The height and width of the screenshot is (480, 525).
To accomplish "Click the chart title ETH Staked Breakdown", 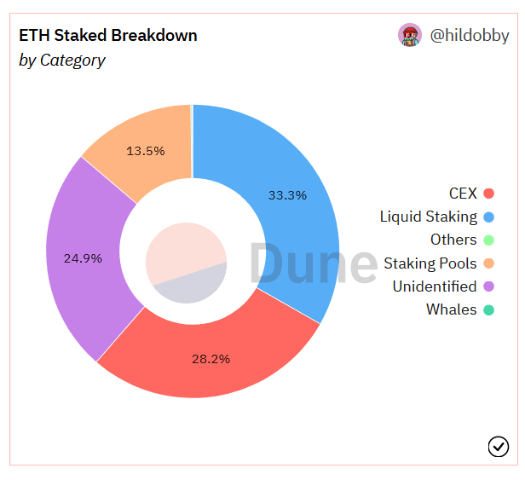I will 108,36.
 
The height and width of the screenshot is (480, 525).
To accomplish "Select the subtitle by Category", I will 62,61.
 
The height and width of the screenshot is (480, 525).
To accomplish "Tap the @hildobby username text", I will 470,36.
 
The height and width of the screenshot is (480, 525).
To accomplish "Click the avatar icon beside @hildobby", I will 410,35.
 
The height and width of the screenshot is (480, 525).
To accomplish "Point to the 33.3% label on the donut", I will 287,195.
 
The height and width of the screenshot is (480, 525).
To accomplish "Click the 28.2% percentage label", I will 211,359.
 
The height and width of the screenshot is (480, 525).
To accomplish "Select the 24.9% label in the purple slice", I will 83,257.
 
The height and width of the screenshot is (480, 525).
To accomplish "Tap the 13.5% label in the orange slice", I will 146,151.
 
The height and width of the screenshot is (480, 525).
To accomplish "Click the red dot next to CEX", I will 488,194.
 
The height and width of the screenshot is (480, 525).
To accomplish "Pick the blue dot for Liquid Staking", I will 488,217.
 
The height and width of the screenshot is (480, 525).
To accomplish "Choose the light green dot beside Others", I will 488,240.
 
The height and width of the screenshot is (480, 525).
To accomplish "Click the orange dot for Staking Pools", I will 488,263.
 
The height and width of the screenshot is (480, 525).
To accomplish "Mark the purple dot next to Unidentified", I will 488,286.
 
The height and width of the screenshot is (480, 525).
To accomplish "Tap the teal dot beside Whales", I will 488,309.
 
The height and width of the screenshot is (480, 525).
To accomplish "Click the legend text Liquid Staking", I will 428,217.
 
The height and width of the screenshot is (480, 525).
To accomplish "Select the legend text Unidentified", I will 434,286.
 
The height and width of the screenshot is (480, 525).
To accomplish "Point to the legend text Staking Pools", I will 430,263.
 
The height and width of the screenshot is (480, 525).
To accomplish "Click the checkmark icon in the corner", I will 498,446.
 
